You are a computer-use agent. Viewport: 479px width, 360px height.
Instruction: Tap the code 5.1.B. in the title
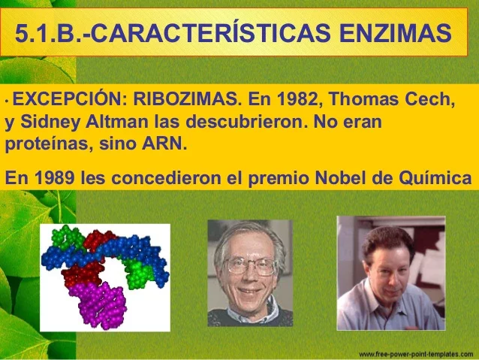(x=47, y=34)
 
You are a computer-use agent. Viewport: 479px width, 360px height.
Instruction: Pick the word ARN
(x=163, y=143)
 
